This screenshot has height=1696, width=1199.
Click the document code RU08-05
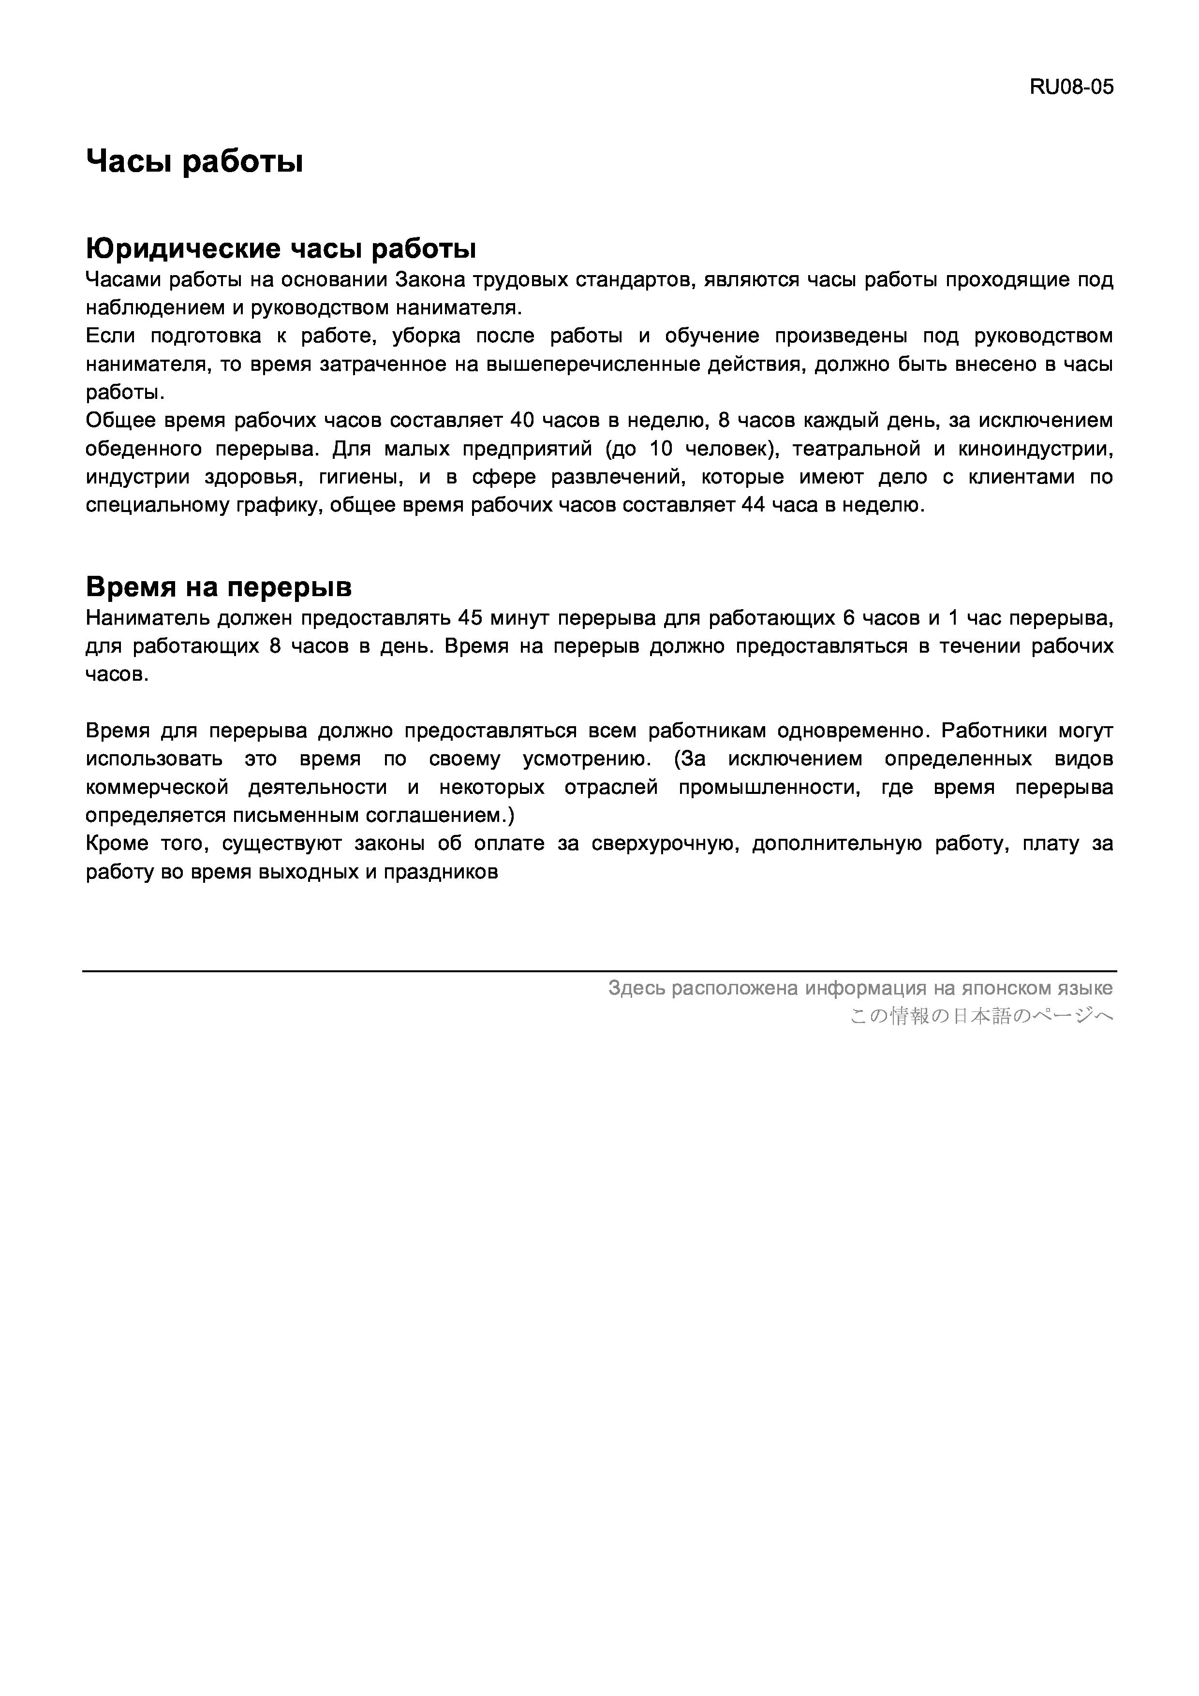click(x=1071, y=87)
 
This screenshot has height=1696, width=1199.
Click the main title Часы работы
click(x=194, y=161)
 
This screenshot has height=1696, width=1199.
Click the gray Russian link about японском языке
click(x=860, y=988)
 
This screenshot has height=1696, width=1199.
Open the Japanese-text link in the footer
click(x=981, y=1017)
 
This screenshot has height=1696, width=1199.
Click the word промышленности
click(x=770, y=788)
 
